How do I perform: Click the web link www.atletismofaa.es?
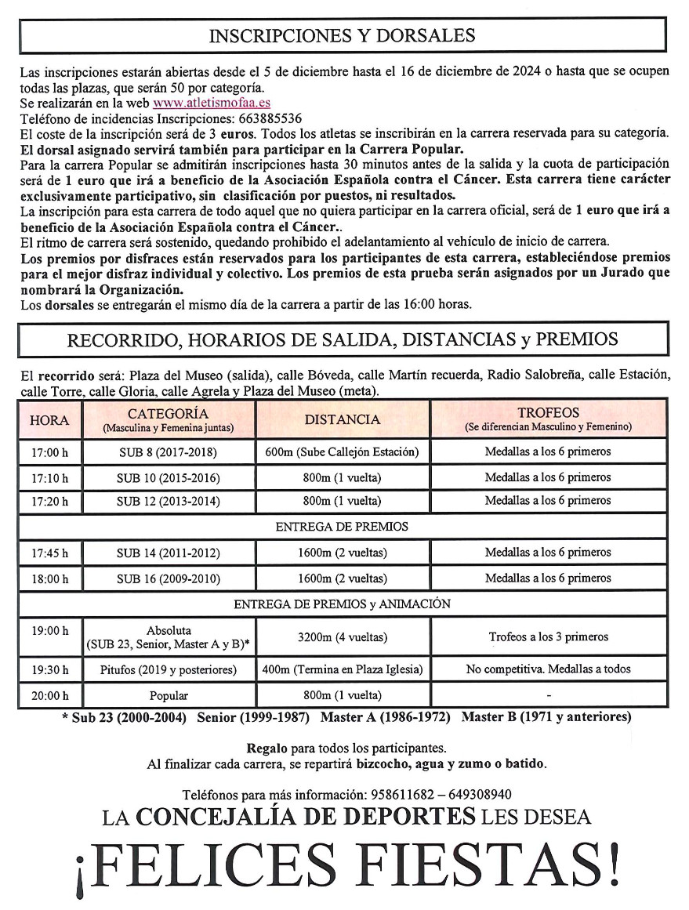(x=223, y=103)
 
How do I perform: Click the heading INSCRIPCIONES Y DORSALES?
(x=343, y=36)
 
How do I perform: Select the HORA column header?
(x=49, y=420)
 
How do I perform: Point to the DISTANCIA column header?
(x=343, y=420)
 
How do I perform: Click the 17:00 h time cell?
(x=49, y=452)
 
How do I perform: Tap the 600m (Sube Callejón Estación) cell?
(x=343, y=452)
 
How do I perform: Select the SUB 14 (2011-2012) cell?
(x=168, y=553)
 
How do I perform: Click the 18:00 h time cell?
(x=49, y=579)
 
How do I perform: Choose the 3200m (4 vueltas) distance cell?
(x=343, y=637)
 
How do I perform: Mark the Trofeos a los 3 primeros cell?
(x=548, y=637)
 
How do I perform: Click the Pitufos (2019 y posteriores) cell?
(x=168, y=670)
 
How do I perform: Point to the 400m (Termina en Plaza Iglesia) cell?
(x=343, y=670)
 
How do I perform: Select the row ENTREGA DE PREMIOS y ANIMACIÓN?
(x=343, y=604)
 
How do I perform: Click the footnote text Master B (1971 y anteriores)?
(x=546, y=717)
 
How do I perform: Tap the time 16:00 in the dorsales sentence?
(x=434, y=304)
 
